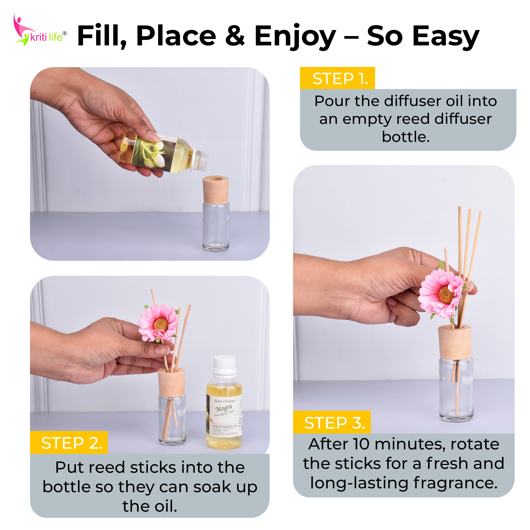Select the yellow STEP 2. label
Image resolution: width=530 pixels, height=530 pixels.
click(69, 443)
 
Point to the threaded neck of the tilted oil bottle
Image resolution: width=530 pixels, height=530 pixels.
click(199, 159)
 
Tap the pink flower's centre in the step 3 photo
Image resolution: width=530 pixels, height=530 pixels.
click(446, 294)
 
